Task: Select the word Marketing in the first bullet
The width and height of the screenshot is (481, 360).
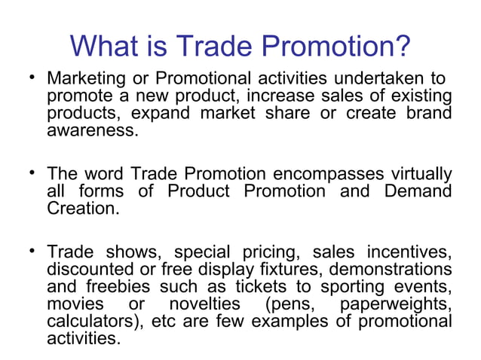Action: (84, 79)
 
